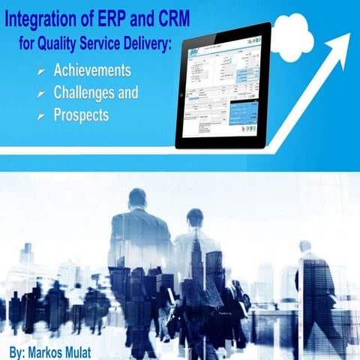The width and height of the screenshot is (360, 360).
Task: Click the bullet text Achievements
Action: click(x=92, y=70)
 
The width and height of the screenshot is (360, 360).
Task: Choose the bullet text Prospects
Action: click(x=81, y=115)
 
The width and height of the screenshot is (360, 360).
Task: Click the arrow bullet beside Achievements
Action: click(x=40, y=72)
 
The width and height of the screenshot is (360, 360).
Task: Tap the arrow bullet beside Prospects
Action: click(x=40, y=117)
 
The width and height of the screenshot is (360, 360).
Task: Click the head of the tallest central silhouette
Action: click(x=137, y=199)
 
